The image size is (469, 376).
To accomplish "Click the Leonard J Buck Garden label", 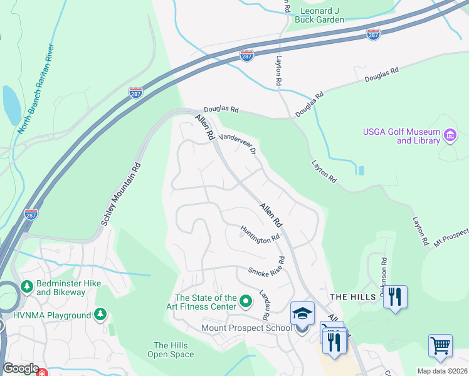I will coord(322,15).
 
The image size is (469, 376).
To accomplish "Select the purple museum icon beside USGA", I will coord(449,135).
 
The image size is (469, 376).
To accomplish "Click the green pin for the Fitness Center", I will coord(246,301).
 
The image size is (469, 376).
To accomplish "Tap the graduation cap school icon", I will coord(302,313).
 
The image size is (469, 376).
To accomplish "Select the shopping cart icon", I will coord(440,345).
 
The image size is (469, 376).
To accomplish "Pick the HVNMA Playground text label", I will coord(52,315).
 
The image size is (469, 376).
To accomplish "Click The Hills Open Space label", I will coord(171,350).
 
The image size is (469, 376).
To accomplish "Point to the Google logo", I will coord(21,368).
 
